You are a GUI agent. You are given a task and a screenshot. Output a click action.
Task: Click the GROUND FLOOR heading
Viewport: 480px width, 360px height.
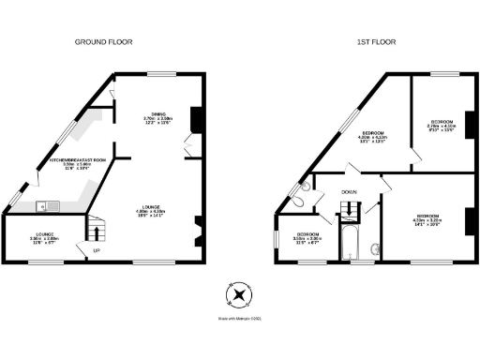tap(105, 42)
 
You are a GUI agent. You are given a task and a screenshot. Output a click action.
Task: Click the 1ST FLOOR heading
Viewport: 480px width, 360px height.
tap(372, 42)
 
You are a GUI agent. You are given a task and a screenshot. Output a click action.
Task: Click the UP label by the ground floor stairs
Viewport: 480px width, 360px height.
tap(96, 251)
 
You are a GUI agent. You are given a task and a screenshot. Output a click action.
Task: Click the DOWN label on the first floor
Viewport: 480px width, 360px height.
tap(349, 192)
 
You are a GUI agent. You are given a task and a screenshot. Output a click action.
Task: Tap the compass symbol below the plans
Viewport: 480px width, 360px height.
tap(240, 295)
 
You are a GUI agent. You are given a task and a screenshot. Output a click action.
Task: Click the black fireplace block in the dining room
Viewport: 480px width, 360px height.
tap(196, 119)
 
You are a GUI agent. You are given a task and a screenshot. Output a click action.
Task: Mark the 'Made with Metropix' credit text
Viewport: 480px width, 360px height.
tap(240, 321)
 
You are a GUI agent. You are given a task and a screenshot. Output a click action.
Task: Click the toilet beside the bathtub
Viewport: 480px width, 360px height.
tap(376, 249)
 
